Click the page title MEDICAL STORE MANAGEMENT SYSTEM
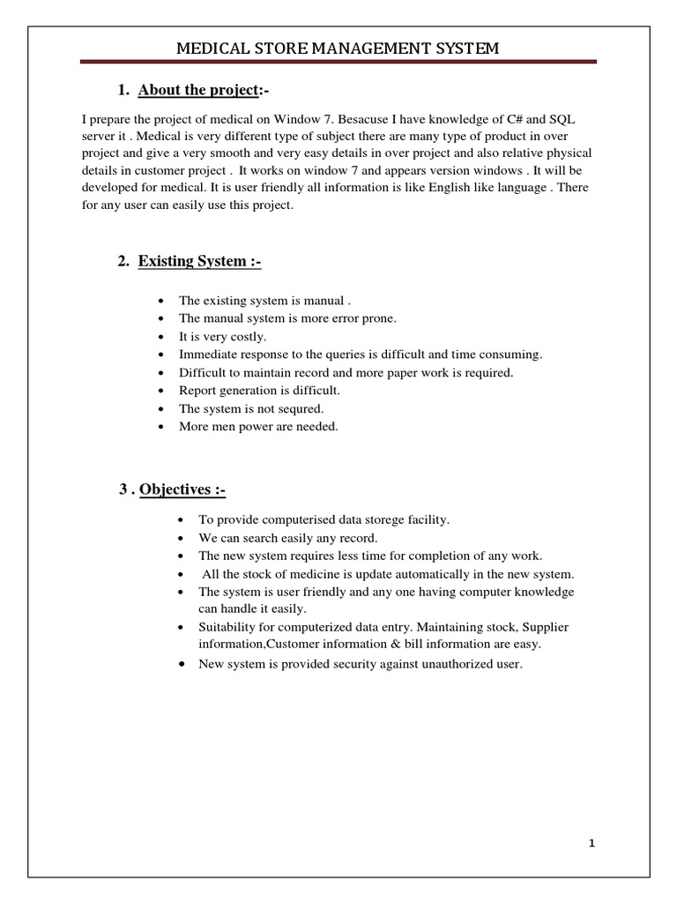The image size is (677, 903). (338, 49)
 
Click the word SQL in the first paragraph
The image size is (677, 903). (562, 119)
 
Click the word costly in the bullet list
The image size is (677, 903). (241, 337)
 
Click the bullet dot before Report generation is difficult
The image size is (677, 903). (160, 391)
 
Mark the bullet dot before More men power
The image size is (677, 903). (160, 427)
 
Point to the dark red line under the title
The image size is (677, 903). (338, 62)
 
